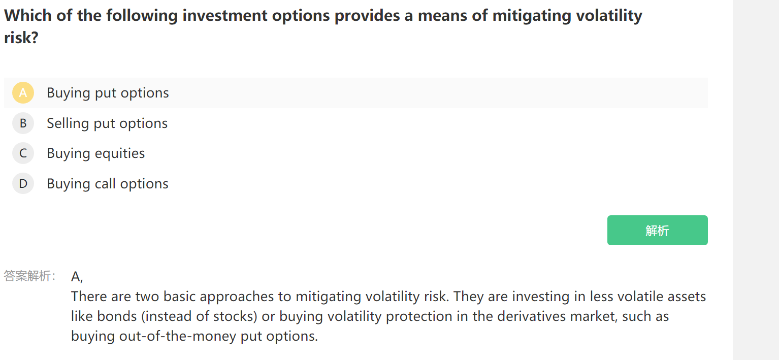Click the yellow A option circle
tap(23, 93)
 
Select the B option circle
tap(23, 123)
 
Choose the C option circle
tap(23, 153)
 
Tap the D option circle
tap(23, 183)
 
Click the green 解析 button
tap(657, 230)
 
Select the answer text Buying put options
tap(108, 93)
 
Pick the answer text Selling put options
tap(107, 123)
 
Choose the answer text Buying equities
tap(95, 153)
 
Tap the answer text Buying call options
tap(108, 184)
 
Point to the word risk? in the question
tap(21, 38)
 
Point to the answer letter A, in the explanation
tap(77, 277)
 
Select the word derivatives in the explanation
tap(532, 316)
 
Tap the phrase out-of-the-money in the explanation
tap(178, 336)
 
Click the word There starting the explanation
tap(89, 297)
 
